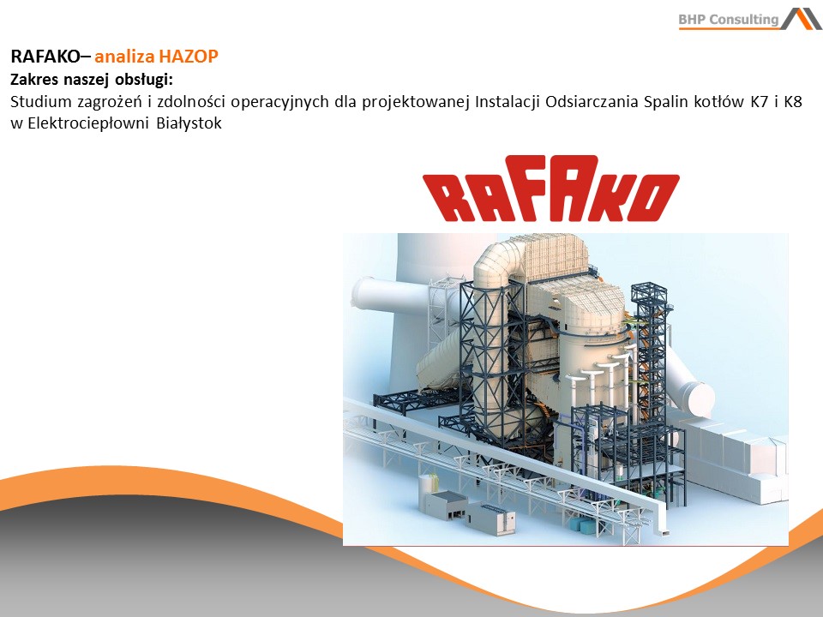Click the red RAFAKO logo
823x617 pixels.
click(551, 188)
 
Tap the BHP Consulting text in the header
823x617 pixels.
click(729, 20)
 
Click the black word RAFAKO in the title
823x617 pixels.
click(45, 57)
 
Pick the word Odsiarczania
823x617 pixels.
click(592, 102)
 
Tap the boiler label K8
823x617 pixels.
click(792, 101)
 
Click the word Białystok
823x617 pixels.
click(189, 123)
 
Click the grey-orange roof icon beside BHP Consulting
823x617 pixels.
click(801, 18)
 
